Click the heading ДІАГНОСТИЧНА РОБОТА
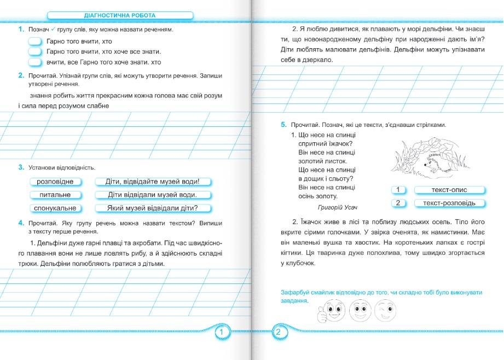120,15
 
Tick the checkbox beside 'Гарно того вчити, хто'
35,41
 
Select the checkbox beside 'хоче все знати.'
35,51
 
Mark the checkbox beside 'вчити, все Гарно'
35,62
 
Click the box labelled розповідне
55,182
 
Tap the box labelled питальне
55,195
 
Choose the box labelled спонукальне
55,208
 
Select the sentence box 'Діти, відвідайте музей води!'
153,182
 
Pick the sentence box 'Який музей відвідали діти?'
153,208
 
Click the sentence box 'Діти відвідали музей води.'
153,195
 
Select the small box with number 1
398,190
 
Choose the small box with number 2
398,203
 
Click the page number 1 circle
222,333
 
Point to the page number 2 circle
278,333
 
